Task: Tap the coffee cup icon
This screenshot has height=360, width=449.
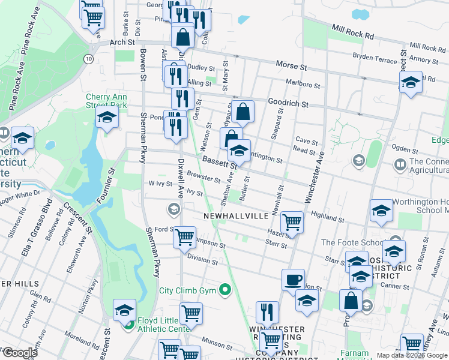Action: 294,279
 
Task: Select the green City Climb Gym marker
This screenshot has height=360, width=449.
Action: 225,291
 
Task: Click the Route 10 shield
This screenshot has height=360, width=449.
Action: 89,58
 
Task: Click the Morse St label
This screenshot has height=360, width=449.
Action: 291,64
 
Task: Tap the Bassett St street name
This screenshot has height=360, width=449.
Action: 219,161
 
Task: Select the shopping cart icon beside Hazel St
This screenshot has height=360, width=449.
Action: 292,222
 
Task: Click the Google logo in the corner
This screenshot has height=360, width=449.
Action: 20,352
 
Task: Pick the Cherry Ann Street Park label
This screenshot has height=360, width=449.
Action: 107,100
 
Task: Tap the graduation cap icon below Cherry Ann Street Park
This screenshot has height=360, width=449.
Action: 107,117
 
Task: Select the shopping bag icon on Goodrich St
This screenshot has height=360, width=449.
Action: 243,111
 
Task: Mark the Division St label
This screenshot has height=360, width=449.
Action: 202,259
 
